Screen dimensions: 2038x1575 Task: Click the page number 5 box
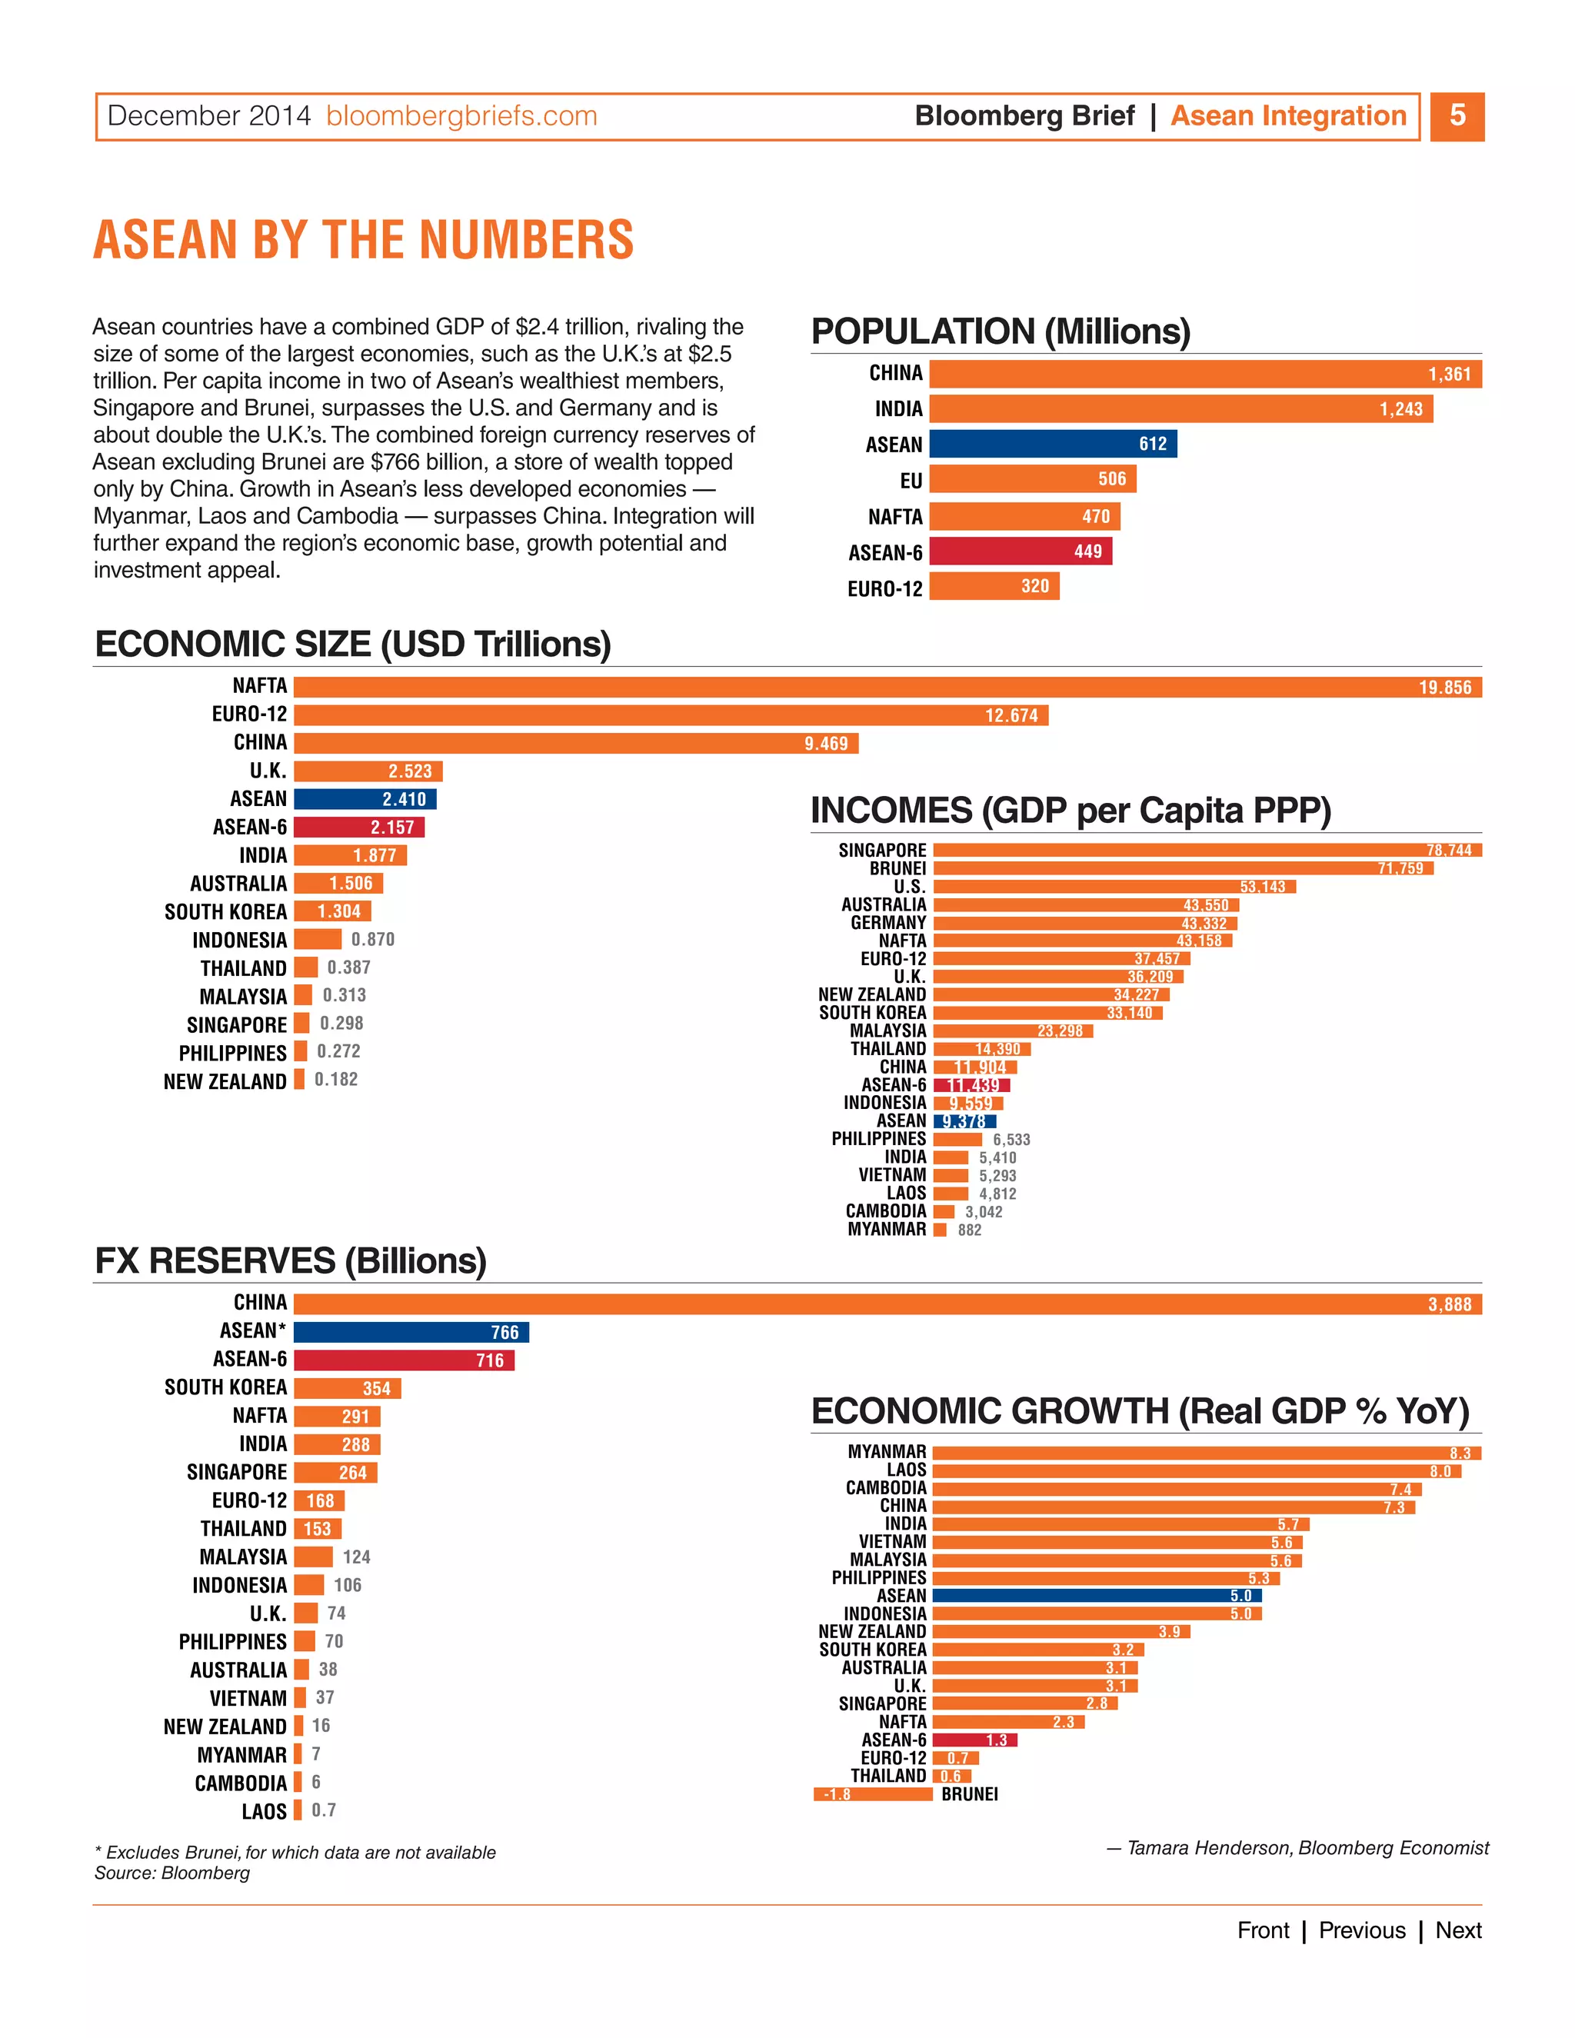1457,117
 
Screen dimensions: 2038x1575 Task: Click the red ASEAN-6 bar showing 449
1020,551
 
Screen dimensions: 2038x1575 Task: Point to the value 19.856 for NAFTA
1444,688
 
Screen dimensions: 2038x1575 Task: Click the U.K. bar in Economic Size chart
368,771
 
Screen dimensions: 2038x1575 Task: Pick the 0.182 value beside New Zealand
336,1080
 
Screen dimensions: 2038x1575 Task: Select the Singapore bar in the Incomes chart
1207,850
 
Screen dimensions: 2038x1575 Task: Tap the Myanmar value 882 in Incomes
970,1230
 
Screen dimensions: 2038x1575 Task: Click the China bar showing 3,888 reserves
887,1304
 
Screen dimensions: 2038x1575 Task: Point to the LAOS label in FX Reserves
264,1811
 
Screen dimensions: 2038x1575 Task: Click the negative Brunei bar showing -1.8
872,1794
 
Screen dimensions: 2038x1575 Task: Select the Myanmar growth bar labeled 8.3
1207,1453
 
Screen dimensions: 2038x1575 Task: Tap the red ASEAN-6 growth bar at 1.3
974,1740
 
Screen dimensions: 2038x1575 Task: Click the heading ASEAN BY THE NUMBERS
364,240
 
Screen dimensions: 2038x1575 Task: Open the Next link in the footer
1457,1930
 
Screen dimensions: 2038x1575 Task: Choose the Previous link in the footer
1361,1930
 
